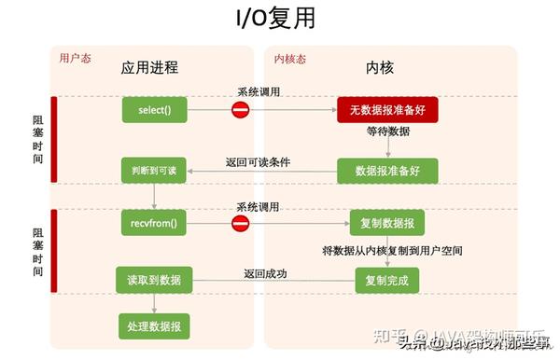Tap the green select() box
tap(154, 111)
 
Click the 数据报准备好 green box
tap(387, 171)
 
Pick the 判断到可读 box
tap(154, 171)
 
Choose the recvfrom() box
tap(154, 224)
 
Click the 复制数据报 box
tap(387, 224)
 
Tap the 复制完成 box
tap(387, 279)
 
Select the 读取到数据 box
tap(154, 279)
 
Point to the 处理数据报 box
tap(154, 325)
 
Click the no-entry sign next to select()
tap(241, 111)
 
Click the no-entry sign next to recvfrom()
tap(241, 224)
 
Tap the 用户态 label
tap(75, 59)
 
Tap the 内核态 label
tap(290, 59)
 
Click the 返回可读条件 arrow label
tap(259, 161)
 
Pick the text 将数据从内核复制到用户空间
tap(393, 250)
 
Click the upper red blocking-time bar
tap(54, 140)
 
